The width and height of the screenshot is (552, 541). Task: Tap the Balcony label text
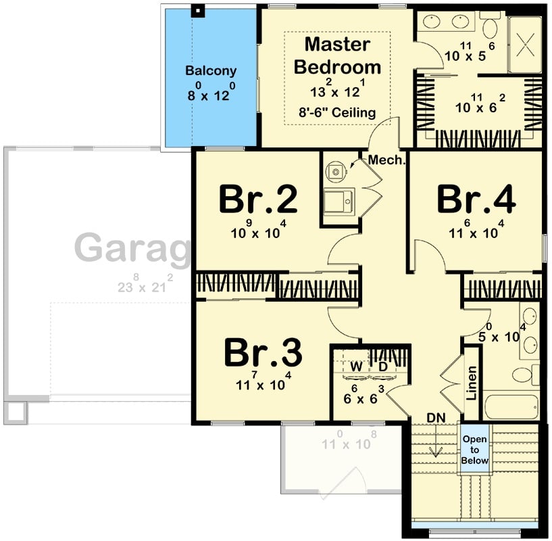(211, 70)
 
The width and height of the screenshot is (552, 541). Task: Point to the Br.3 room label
(263, 352)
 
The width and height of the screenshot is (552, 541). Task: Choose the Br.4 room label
(476, 199)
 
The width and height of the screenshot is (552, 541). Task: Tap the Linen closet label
(472, 383)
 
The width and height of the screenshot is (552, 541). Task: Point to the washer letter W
(354, 366)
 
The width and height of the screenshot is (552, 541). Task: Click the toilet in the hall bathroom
(523, 373)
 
